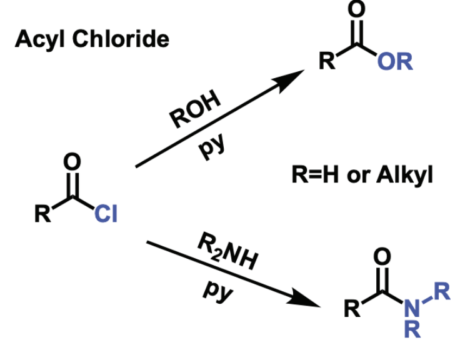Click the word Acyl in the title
click(x=40, y=39)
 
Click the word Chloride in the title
click(x=121, y=39)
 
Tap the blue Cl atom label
click(x=106, y=213)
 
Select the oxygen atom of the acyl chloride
click(x=72, y=162)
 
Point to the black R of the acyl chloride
click(x=42, y=214)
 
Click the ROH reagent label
click(x=195, y=109)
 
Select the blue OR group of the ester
click(x=395, y=61)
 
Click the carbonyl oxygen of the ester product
click(x=356, y=9)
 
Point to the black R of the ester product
click(x=327, y=61)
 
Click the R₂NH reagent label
click(x=227, y=251)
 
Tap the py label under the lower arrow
click(x=218, y=291)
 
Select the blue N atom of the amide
click(x=412, y=308)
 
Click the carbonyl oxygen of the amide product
click(x=382, y=256)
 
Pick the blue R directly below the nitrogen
click(x=412, y=329)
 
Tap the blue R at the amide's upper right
click(x=442, y=291)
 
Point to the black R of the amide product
click(x=352, y=308)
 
